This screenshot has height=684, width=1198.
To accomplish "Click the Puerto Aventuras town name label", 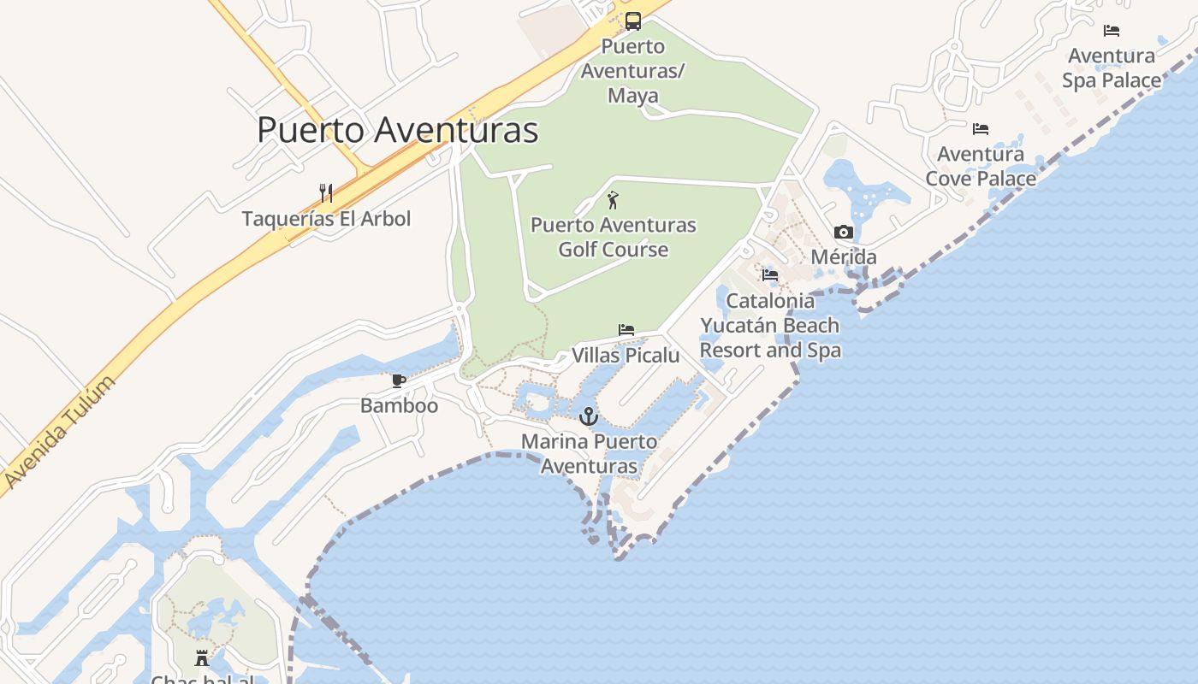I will coord(398,130).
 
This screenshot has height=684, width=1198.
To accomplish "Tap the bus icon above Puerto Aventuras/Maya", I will coord(633,21).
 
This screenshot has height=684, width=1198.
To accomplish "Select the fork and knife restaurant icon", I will coord(325,192).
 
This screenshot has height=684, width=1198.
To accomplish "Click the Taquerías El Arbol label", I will coord(326,219).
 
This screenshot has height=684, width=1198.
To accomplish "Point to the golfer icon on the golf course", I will coord(613,201).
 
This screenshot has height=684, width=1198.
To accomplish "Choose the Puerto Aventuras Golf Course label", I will coord(614,238).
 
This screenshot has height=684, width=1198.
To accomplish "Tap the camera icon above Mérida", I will coord(844,232).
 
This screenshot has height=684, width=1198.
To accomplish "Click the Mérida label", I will coord(844,256).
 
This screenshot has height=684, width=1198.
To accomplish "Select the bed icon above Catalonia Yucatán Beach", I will coord(770,274).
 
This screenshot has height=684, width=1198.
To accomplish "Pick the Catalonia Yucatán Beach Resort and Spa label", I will coord(770,325).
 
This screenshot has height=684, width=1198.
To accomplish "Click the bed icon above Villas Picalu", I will coord(626,329).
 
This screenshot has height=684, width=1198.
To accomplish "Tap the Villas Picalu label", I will coord(626,355).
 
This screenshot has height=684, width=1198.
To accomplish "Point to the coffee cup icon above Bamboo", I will coord(399,380).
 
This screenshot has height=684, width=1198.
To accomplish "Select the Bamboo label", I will coord(399,405).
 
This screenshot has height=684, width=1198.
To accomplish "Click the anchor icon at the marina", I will coord(589,416).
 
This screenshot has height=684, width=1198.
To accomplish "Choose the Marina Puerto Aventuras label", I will coord(590,454).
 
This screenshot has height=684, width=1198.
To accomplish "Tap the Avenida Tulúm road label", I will coord(59,433).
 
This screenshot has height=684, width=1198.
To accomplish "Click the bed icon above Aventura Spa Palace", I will coord(1112,30).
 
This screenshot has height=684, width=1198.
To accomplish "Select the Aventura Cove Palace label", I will coord(981,167).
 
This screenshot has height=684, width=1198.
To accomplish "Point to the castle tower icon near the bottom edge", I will coord(202,657).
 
